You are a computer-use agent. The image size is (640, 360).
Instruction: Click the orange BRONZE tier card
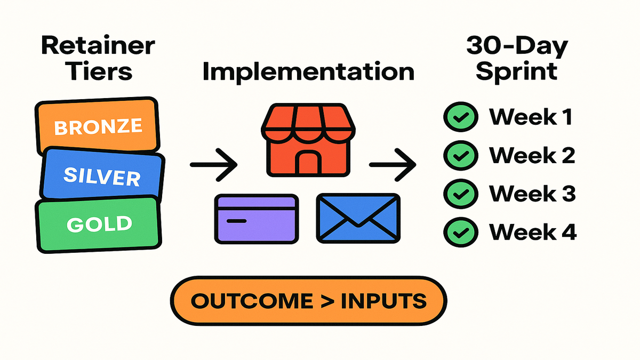98,126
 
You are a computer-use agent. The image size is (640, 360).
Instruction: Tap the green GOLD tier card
99,223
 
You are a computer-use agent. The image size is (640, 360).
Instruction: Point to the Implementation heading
308,71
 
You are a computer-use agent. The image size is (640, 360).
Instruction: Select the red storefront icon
308,140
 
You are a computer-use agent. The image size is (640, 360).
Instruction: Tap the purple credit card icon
256,218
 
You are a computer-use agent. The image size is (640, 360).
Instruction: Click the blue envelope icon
359,218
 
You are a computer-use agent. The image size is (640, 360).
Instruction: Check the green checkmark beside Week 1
457,117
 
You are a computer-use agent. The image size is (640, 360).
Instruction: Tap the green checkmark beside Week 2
457,155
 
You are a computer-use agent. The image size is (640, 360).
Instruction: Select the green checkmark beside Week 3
457,194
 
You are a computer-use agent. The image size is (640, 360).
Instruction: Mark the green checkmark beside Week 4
457,232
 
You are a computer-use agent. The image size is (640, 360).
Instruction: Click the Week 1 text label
531,117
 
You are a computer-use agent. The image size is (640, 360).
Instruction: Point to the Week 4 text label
533,232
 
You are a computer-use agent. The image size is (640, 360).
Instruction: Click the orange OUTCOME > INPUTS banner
309,301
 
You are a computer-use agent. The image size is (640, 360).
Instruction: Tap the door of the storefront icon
308,162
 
